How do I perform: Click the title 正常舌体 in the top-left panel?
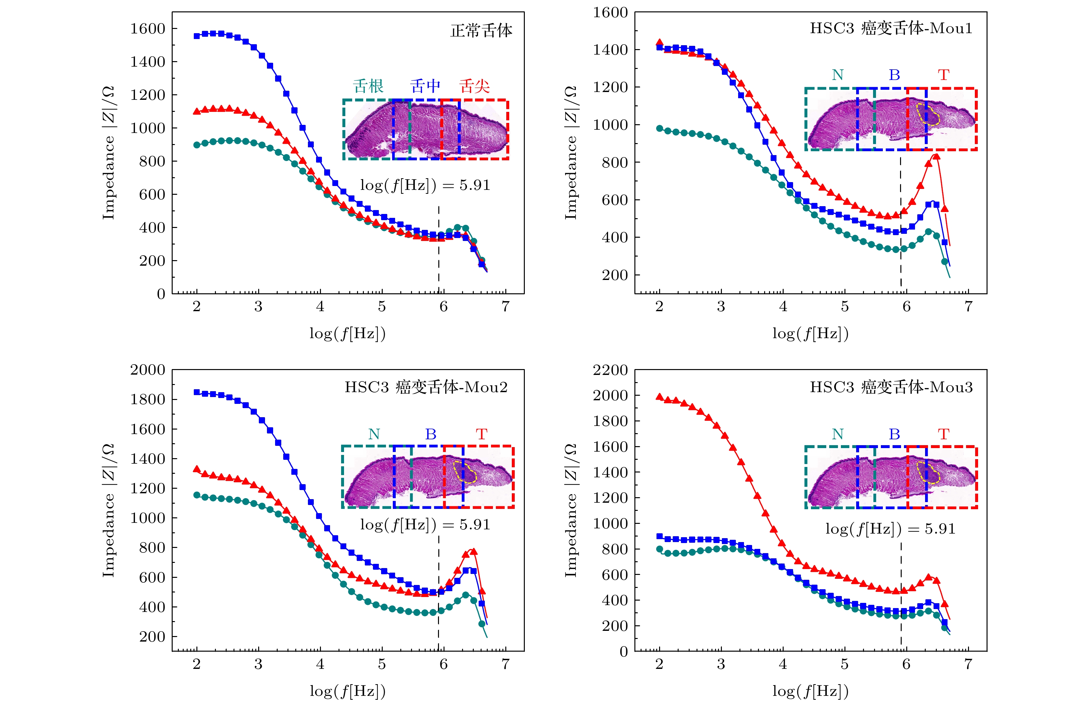pos(481,31)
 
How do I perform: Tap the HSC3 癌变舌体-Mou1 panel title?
pos(891,28)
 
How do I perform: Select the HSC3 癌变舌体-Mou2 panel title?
pos(426,387)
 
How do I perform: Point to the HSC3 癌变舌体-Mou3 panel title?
pos(891,387)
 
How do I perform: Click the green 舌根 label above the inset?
pos(368,86)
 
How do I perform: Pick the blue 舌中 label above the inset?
pos(425,86)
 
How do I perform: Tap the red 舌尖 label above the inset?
pos(474,86)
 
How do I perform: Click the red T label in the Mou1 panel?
pos(944,74)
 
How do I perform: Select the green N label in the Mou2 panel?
pos(374,434)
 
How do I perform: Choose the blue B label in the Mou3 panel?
pos(894,434)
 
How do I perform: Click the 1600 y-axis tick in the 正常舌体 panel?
pos(148,29)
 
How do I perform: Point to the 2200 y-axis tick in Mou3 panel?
pos(610,370)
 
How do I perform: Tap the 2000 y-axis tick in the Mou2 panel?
pos(148,370)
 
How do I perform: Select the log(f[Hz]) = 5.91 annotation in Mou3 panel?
pos(890,529)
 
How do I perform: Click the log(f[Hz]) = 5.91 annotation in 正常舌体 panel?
pos(425,185)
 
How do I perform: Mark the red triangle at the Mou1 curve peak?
pos(936,157)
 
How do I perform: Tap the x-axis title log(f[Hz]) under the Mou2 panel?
pos(347,691)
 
